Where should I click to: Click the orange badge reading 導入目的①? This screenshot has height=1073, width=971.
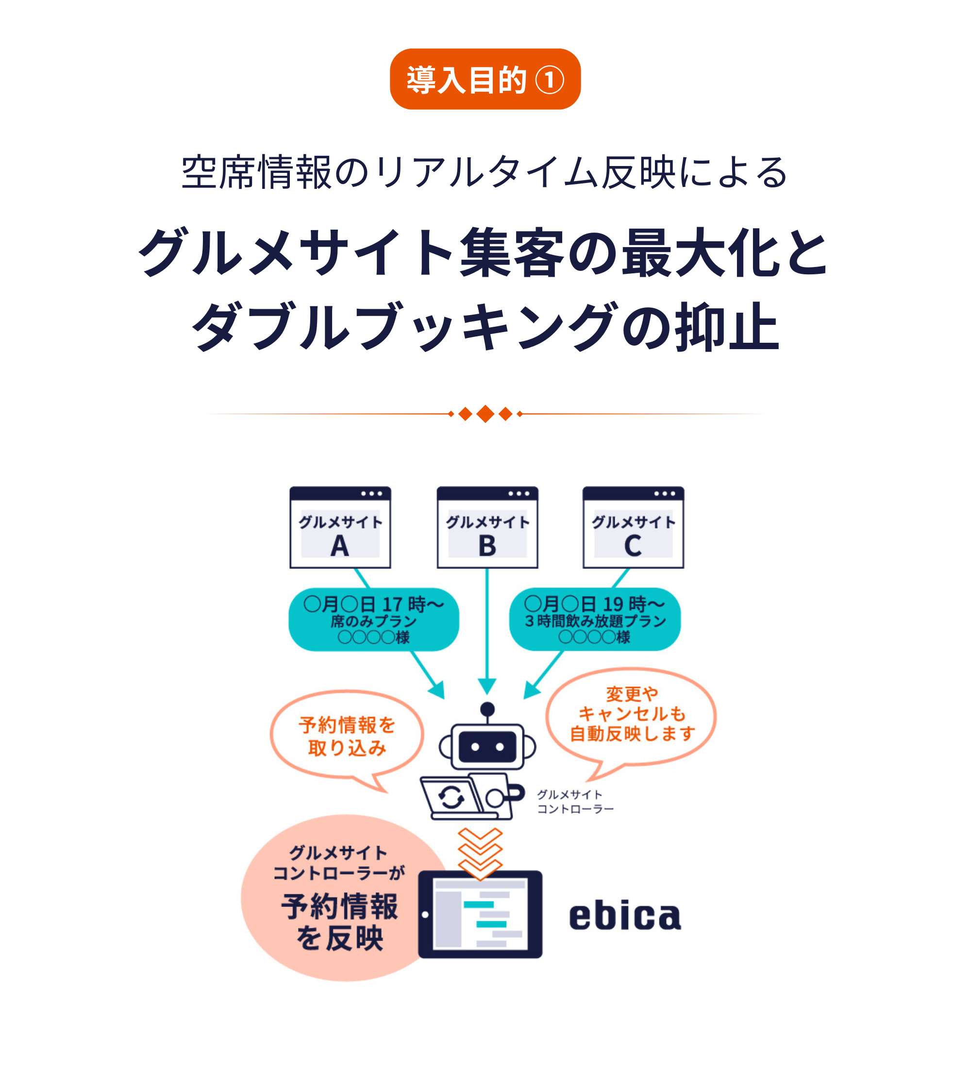(x=485, y=79)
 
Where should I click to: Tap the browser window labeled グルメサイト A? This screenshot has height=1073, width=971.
(x=340, y=527)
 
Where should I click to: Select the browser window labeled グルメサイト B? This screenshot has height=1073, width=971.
(x=487, y=527)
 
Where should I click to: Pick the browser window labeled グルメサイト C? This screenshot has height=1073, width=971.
(x=633, y=527)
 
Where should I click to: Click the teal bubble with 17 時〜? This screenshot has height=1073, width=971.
(x=374, y=619)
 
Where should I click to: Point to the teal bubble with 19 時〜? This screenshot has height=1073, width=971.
(x=595, y=619)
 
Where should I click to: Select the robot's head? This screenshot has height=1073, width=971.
(x=487, y=746)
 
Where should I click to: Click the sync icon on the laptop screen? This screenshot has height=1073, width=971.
(x=451, y=797)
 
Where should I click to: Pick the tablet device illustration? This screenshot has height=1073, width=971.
(x=480, y=914)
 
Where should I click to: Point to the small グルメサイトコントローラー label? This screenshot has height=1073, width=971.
(x=575, y=802)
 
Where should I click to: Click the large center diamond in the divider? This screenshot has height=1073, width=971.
(x=485, y=414)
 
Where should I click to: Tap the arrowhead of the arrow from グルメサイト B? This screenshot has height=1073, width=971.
(x=487, y=687)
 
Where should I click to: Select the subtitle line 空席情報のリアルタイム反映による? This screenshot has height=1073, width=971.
(x=485, y=172)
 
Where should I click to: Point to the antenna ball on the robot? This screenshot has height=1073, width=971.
(x=487, y=709)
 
